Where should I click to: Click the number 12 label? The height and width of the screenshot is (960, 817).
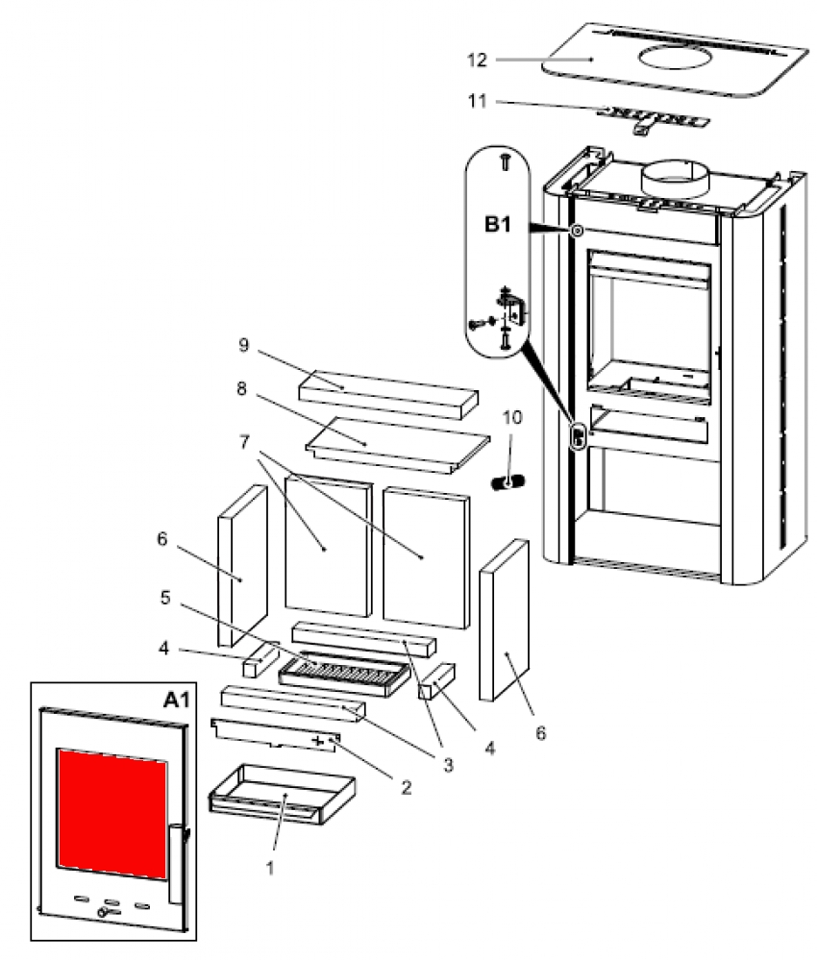[x=504, y=60]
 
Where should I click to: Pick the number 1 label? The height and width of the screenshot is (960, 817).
[x=270, y=867]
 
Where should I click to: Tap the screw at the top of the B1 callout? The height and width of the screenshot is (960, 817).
[x=502, y=163]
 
